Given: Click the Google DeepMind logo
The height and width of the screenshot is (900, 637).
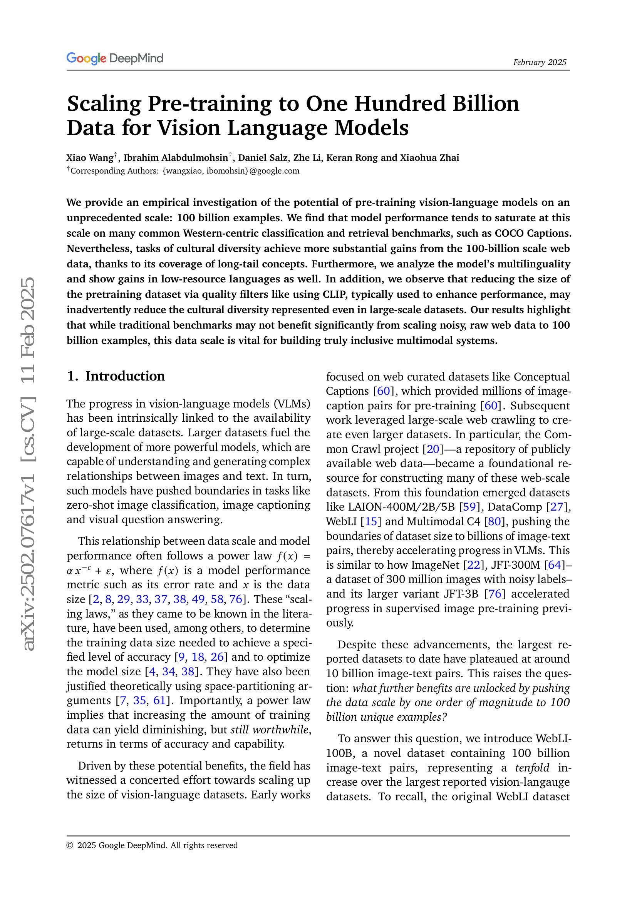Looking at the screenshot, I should click(x=114, y=58).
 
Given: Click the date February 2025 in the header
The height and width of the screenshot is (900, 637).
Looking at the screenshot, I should click(x=539, y=62).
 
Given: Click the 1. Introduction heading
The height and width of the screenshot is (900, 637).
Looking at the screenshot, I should click(x=116, y=376).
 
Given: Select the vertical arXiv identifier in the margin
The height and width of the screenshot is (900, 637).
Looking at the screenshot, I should click(x=28, y=464).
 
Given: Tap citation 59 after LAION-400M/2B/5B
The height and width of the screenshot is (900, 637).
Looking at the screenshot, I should click(x=469, y=507).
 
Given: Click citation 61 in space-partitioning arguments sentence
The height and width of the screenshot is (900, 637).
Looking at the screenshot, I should click(x=159, y=700).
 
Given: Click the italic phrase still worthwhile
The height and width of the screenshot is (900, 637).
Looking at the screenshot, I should click(x=270, y=730).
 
